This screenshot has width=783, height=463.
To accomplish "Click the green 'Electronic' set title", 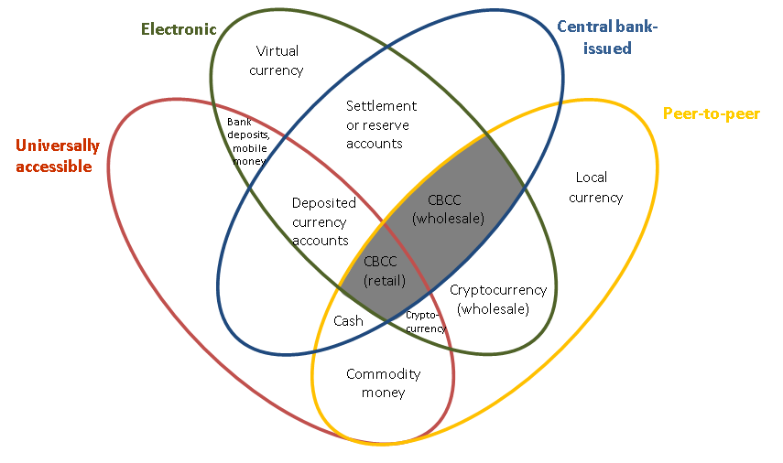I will pos(179,28).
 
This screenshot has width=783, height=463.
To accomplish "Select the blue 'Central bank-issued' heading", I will pos(607,37).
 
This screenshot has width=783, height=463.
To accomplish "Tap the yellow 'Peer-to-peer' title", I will pos(711,113).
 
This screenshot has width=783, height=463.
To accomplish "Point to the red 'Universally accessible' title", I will pos(58,156).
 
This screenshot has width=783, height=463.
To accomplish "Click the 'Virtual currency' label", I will pos(277,60).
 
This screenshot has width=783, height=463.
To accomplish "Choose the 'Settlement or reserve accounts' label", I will pos(381,124).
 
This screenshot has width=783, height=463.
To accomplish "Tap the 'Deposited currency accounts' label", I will pos(320,221).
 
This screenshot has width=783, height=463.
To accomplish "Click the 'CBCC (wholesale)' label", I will pos(448,209).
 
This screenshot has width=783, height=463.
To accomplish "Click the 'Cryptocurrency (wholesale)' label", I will pos(498,299).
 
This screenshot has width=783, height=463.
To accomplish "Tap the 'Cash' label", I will pos(348,321).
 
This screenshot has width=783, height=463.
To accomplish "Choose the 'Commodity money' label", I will pos(383,383).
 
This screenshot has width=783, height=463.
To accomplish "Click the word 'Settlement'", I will pos(381,106).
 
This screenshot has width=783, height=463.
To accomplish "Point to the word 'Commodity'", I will pos(383,374).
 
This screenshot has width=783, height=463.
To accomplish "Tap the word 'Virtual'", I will pos(277,51).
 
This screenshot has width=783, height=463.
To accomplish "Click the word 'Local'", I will pos(592,178).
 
